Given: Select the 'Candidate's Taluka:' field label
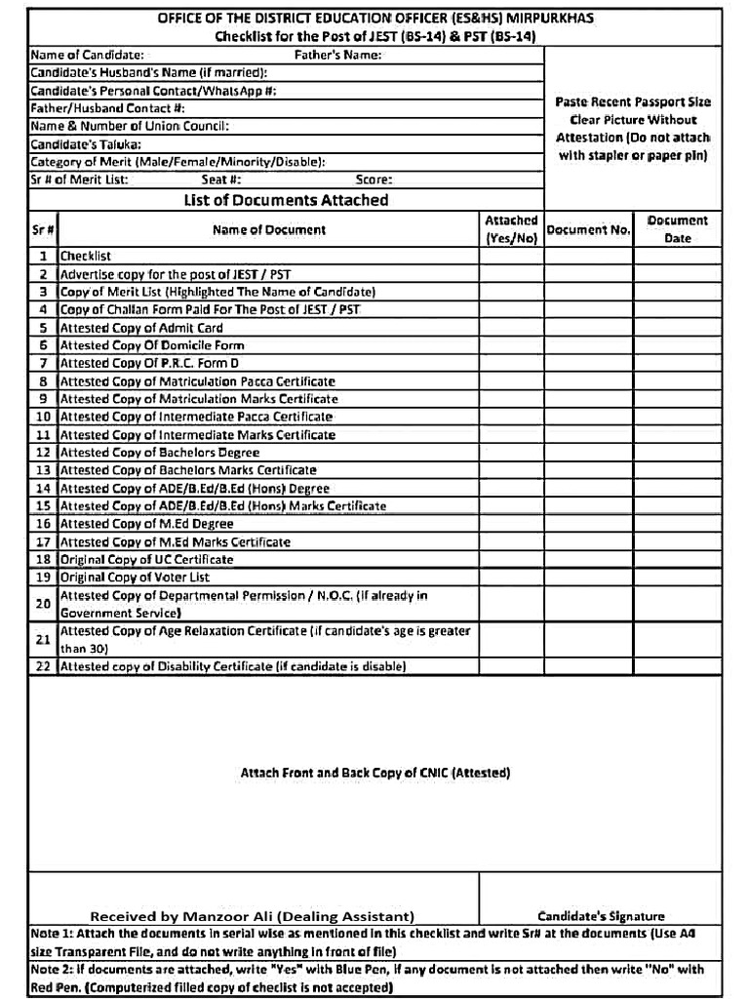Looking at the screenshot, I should [86, 143].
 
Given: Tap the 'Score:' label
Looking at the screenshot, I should [374, 180].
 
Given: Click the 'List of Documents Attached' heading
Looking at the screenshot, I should [286, 200].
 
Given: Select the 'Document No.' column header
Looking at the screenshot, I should [588, 230].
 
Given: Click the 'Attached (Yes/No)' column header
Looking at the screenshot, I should [511, 229].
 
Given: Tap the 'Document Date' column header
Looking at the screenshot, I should [678, 229].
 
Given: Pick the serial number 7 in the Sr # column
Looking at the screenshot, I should [43, 363].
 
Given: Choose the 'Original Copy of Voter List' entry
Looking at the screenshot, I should [135, 578].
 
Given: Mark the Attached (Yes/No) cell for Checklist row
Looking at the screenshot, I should [511, 257].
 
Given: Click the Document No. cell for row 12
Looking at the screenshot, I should [588, 453].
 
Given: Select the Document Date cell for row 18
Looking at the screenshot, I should [678, 560].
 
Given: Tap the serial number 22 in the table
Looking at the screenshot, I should [43, 667].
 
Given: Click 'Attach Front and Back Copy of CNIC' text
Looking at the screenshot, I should [374, 773].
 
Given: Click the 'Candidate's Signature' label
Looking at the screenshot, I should [601, 916].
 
